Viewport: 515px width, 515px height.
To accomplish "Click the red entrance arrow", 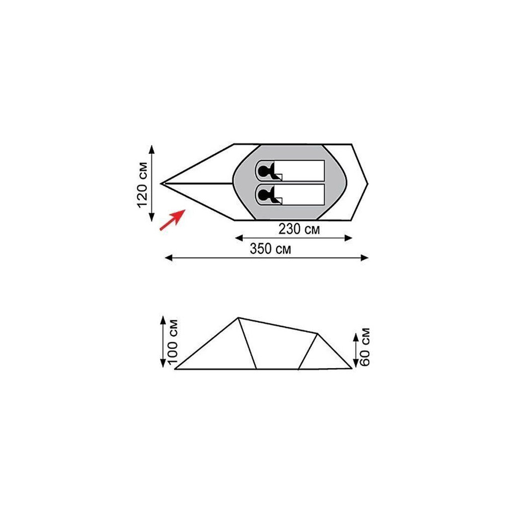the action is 173,220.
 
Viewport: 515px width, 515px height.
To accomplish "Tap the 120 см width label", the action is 142,185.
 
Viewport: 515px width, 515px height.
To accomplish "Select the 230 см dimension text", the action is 299,229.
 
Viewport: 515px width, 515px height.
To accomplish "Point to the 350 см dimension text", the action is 270,248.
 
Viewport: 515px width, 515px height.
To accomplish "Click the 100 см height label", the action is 173,342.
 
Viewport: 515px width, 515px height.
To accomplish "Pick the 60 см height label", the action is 365,347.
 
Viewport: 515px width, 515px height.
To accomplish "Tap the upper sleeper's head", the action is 264,171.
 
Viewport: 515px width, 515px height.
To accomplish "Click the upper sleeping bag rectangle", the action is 290,171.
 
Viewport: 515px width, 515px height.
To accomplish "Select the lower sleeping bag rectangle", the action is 290,195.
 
